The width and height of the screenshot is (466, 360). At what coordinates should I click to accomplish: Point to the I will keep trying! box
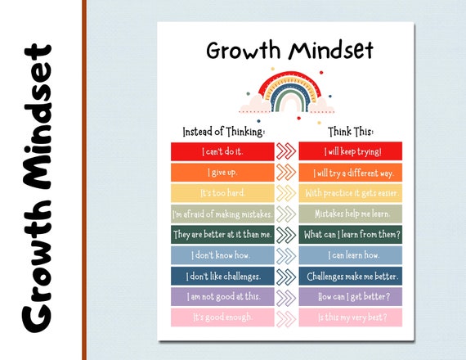point(351,151)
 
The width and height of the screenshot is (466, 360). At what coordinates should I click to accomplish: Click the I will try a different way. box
point(351,173)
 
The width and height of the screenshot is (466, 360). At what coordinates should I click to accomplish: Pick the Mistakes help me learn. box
point(351,214)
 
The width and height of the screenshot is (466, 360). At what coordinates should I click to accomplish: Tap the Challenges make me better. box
point(351,276)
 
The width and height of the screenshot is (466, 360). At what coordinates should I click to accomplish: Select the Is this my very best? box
point(351,317)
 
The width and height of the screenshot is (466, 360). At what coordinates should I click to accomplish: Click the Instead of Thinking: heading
point(223,131)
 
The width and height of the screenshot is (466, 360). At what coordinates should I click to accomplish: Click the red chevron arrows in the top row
point(285,151)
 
